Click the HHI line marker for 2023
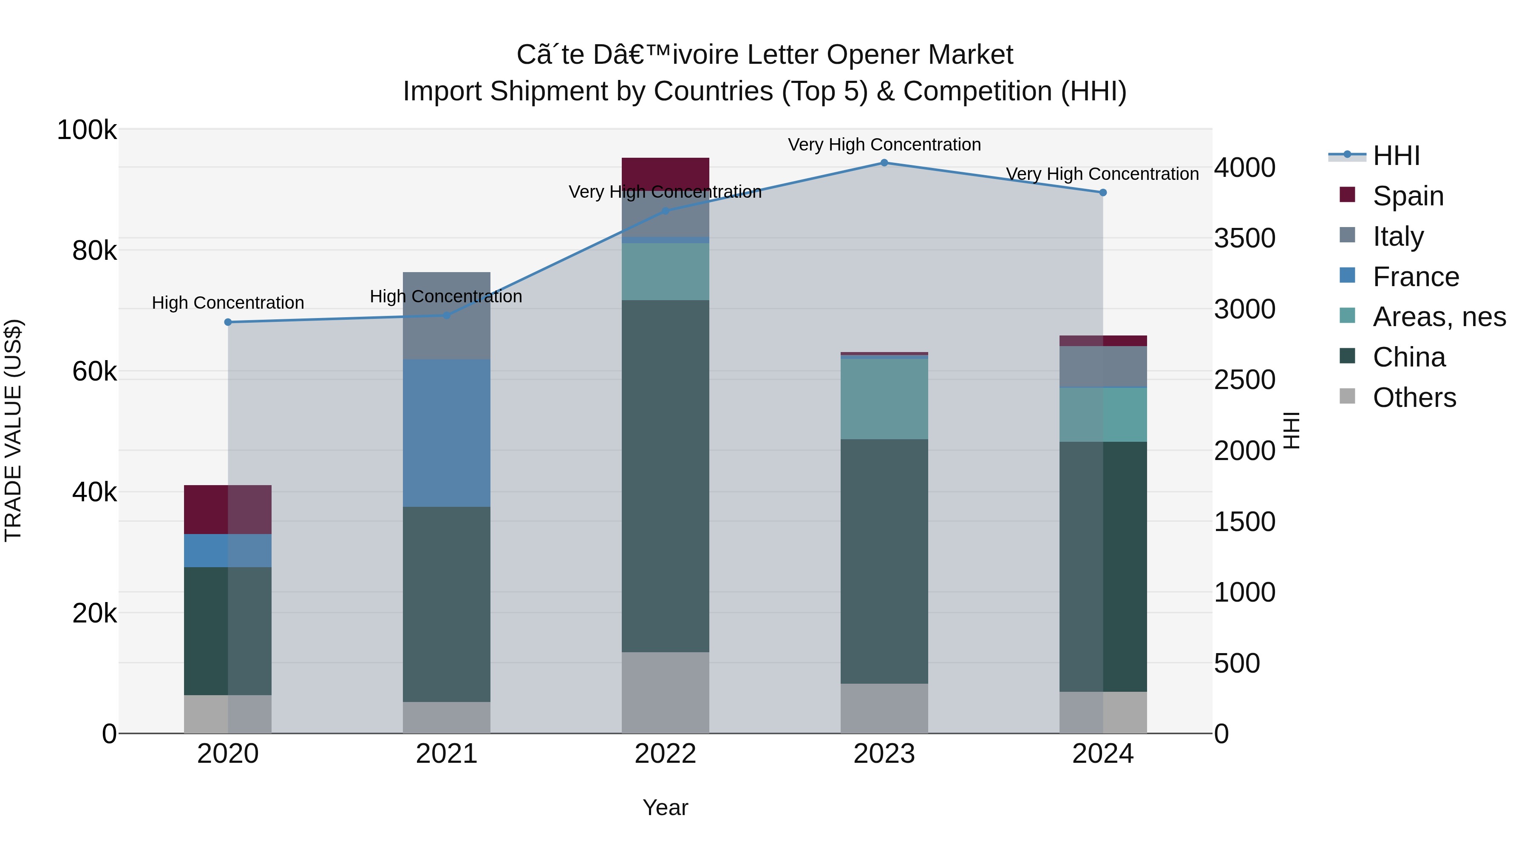[884, 163]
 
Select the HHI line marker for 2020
[228, 322]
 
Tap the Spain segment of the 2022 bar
[665, 172]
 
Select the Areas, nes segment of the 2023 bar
[884, 399]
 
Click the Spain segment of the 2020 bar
[228, 509]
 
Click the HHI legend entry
[1396, 156]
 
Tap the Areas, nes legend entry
[1439, 317]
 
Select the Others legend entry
[1414, 398]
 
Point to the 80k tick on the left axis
[94, 251]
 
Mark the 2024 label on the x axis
[1102, 754]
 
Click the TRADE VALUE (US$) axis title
[13, 430]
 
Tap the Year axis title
[665, 807]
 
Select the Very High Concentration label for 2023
[884, 145]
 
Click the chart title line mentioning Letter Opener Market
[765, 55]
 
